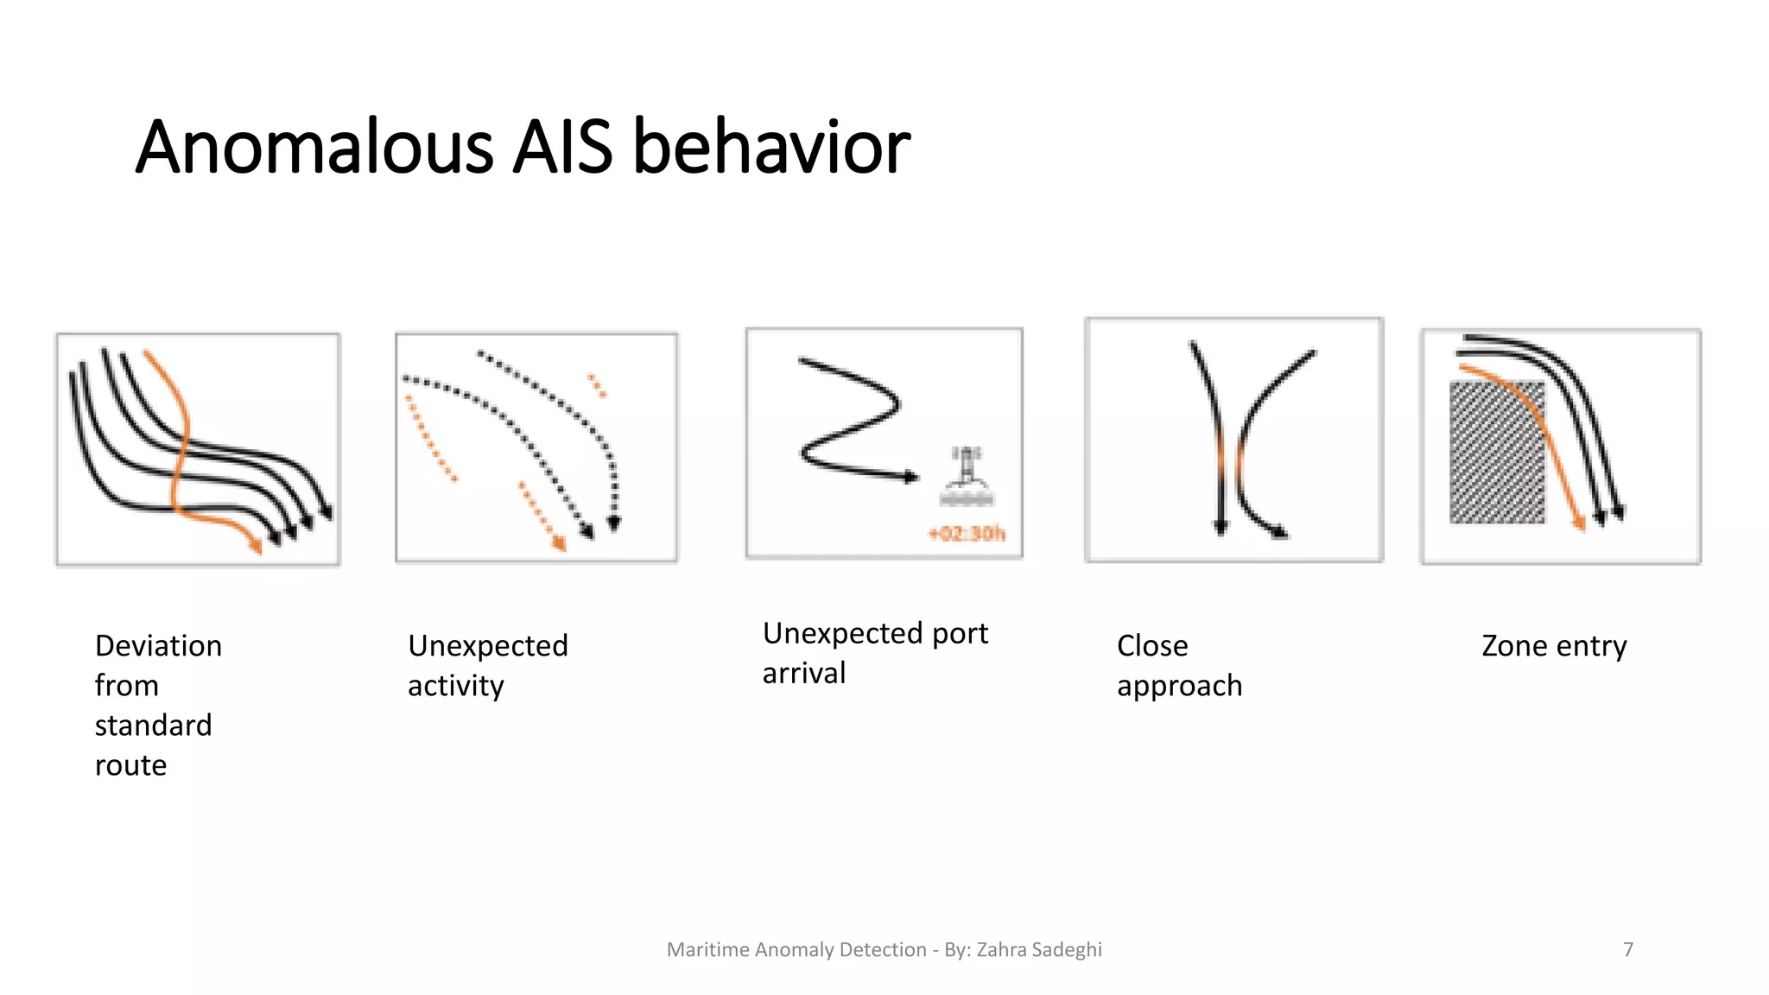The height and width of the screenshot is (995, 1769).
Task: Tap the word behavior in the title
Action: click(x=771, y=147)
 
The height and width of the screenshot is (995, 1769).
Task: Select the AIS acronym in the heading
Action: click(x=562, y=147)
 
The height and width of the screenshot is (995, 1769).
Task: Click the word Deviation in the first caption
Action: click(x=158, y=646)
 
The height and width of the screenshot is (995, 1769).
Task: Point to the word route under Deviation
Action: click(x=130, y=765)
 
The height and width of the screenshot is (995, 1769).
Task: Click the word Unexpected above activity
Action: click(x=487, y=646)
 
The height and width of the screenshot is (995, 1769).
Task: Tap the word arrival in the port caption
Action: click(x=803, y=674)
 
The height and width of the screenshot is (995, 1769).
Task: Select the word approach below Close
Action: click(x=1178, y=686)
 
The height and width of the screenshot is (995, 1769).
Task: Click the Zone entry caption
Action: click(x=1553, y=646)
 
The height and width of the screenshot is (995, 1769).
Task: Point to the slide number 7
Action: click(x=1628, y=949)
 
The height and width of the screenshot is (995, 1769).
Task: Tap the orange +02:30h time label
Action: click(x=967, y=534)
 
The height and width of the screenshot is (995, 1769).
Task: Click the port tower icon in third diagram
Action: click(x=967, y=475)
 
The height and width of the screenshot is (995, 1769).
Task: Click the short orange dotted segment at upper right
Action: click(x=597, y=385)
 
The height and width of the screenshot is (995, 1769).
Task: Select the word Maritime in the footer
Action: click(x=708, y=949)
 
